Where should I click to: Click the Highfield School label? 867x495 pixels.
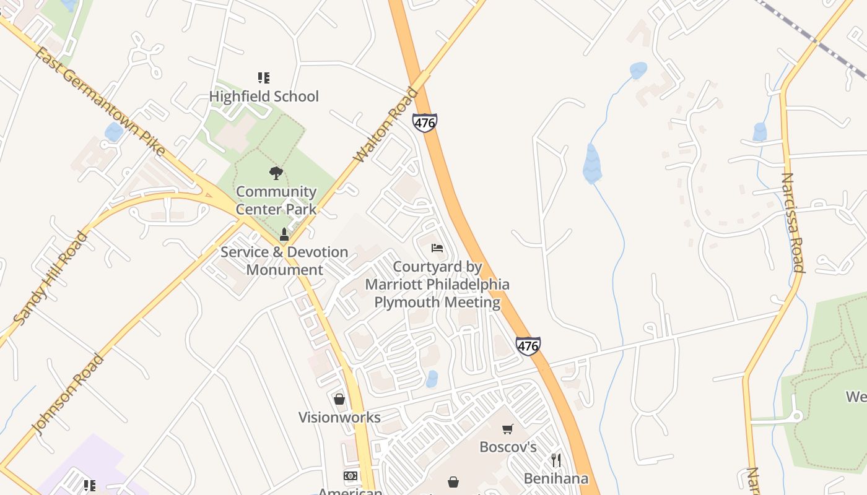click(264, 97)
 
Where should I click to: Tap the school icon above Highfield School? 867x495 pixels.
click(264, 78)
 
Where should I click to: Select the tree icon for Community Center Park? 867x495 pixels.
click(276, 173)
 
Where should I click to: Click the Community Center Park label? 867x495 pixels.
click(276, 200)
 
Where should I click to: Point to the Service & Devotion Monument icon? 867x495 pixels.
click(284, 235)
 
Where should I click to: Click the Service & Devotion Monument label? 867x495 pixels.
click(284, 261)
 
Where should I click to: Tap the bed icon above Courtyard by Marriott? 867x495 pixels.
click(437, 248)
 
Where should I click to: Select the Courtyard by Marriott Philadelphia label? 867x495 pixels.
click(437, 285)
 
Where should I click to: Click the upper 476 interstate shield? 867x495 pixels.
click(425, 123)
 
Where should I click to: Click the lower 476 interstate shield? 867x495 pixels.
click(528, 346)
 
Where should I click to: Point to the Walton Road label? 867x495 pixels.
click(386, 126)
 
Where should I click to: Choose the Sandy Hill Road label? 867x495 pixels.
click(51, 278)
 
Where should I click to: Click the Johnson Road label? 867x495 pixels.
click(68, 394)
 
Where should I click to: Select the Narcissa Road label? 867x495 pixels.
click(793, 223)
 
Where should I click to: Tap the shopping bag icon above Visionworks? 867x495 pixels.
click(339, 399)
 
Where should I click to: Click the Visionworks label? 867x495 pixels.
click(339, 418)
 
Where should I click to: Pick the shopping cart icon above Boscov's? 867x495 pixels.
click(508, 429)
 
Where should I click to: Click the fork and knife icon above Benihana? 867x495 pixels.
click(556, 460)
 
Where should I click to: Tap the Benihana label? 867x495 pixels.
click(556, 478)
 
